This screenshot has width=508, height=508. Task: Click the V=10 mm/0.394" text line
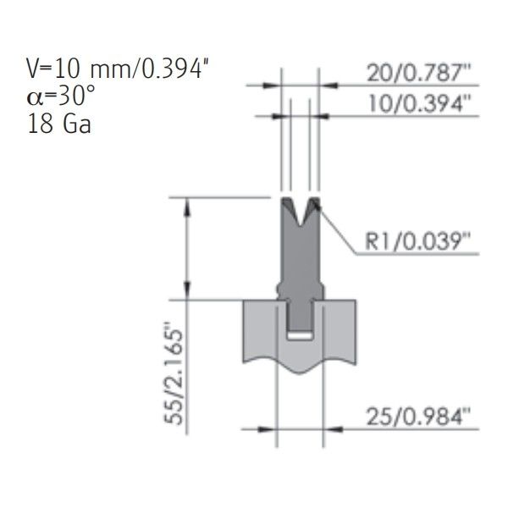(118, 69)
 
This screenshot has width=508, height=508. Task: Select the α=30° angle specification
(61, 97)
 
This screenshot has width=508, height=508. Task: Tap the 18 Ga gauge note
(59, 124)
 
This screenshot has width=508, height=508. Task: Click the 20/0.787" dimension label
(418, 73)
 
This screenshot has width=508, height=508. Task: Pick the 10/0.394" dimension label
(419, 103)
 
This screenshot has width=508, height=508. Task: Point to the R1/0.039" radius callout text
(417, 241)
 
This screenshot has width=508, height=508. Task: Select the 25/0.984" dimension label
(418, 417)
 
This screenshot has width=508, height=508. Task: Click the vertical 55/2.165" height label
(174, 373)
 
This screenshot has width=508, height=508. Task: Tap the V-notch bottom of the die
(301, 225)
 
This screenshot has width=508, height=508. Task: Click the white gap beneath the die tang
(300, 335)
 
